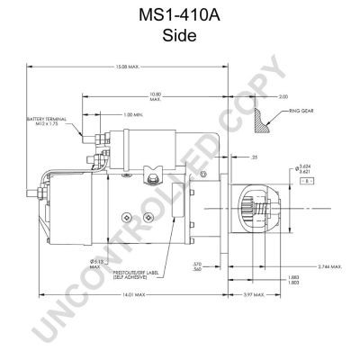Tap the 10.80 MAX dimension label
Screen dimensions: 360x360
(156, 95)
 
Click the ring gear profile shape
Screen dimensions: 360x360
(268, 116)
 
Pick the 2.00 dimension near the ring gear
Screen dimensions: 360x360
(283, 95)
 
